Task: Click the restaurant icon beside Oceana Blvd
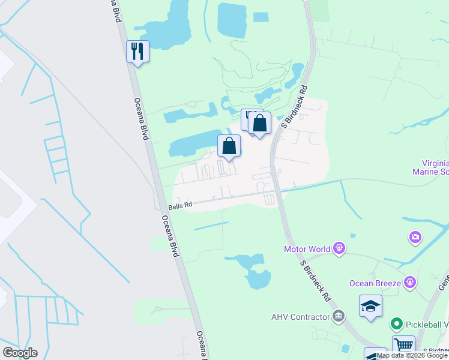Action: (137, 52)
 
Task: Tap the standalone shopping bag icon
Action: (229, 146)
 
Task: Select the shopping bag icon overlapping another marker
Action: (260, 124)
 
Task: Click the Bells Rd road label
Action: (180, 205)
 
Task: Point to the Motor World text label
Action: (307, 249)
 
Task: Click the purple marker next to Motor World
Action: (339, 248)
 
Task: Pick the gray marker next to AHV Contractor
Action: (338, 316)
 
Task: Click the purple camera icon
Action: (415, 238)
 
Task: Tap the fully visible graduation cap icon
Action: (370, 307)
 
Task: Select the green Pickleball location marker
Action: (396, 325)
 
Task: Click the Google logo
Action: (20, 353)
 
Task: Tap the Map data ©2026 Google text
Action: (412, 355)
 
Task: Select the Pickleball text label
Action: (427, 325)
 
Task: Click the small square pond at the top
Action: (261, 17)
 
